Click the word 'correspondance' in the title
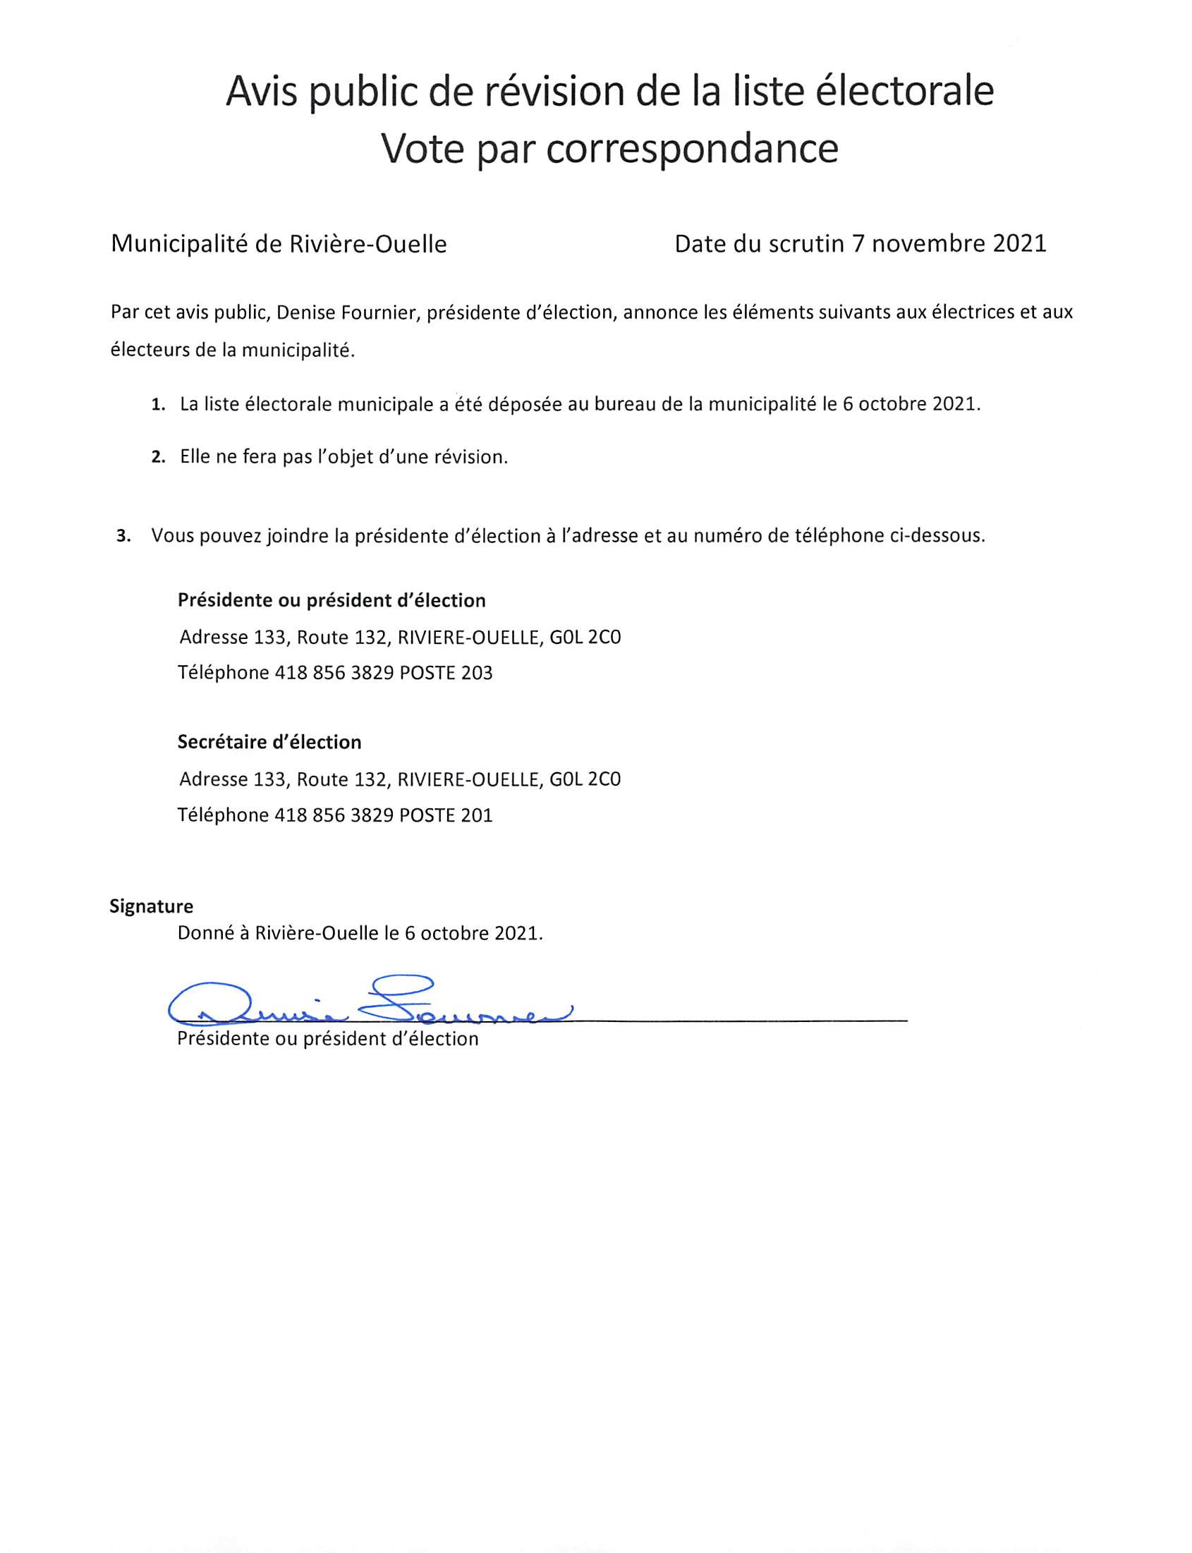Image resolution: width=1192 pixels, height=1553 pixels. [692, 149]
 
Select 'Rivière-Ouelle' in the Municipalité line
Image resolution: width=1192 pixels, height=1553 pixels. [367, 245]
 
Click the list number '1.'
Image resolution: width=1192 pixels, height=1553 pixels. [158, 406]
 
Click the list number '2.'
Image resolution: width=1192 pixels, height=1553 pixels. [158, 458]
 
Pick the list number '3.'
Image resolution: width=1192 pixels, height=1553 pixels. [123, 536]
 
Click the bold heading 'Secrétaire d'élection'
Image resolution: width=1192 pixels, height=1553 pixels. [269, 742]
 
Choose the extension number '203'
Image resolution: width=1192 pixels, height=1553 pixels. [476, 673]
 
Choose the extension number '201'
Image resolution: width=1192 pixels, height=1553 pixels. [476, 815]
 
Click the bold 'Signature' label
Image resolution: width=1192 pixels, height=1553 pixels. [151, 906]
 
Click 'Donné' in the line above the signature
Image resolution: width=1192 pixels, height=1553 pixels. [205, 933]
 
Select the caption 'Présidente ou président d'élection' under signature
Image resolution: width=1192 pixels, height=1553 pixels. [327, 1040]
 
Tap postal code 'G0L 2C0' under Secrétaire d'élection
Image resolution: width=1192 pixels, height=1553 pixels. [585, 780]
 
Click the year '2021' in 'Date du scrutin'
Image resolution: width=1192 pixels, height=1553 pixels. [1019, 244]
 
